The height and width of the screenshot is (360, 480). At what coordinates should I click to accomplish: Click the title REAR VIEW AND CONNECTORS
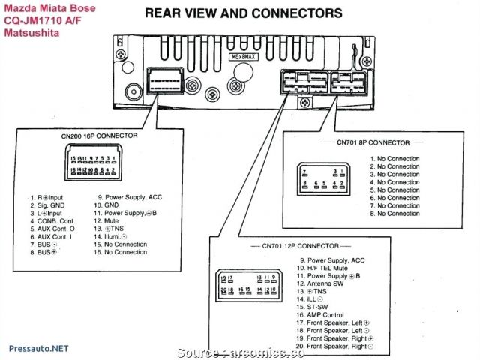(x=243, y=13)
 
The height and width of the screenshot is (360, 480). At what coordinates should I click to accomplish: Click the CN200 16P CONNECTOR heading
(x=99, y=136)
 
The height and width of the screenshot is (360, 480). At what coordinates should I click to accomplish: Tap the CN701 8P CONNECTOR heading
(x=373, y=142)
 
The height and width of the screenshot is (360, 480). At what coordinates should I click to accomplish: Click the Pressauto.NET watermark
(x=35, y=348)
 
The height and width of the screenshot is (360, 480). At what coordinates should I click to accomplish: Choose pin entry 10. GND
(x=106, y=205)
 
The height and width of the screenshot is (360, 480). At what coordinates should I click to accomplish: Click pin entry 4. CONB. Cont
(x=52, y=220)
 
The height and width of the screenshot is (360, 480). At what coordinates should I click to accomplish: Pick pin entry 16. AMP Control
(x=319, y=315)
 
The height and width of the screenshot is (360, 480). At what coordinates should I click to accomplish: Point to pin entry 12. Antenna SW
(x=319, y=283)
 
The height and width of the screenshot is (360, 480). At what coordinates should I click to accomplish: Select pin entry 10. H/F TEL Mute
(x=322, y=268)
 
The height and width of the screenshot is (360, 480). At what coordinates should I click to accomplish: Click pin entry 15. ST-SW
(x=311, y=307)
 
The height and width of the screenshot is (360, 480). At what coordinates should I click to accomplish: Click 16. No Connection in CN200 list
(x=120, y=252)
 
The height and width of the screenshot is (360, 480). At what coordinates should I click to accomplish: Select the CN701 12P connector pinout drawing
(x=250, y=283)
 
